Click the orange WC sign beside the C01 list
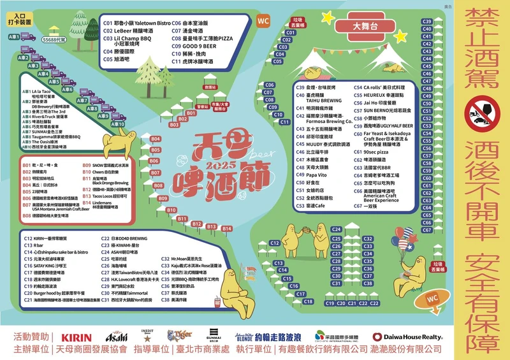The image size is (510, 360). click(x=263, y=21)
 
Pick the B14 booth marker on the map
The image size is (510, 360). click(x=226, y=228)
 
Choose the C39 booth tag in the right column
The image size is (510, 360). click(x=426, y=22)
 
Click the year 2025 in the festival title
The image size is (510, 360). click(x=219, y=165)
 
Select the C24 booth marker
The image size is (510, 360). click(x=337, y=229)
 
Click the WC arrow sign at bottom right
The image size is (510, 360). click(x=433, y=298)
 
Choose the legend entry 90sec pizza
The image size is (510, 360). click(x=378, y=153)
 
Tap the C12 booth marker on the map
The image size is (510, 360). click(x=275, y=243)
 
